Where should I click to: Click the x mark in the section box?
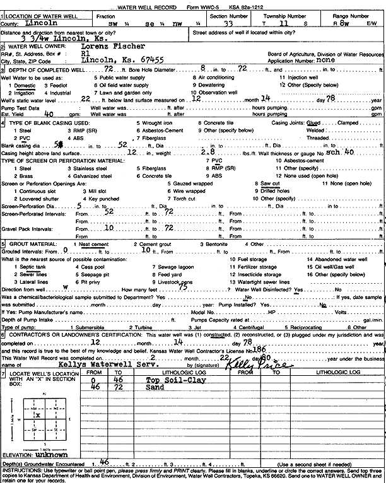point(38,415)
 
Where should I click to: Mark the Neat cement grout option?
point(91,243)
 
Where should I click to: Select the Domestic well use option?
point(26,84)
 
